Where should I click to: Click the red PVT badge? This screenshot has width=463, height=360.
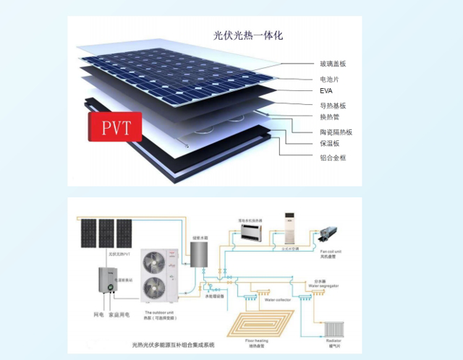coord(115,127)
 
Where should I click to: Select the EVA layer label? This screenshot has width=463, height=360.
coord(326,92)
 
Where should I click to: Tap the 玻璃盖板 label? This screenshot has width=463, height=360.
coord(333,64)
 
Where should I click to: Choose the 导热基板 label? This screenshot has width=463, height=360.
coord(333,106)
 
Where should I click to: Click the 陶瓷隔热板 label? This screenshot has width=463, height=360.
coord(336,132)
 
